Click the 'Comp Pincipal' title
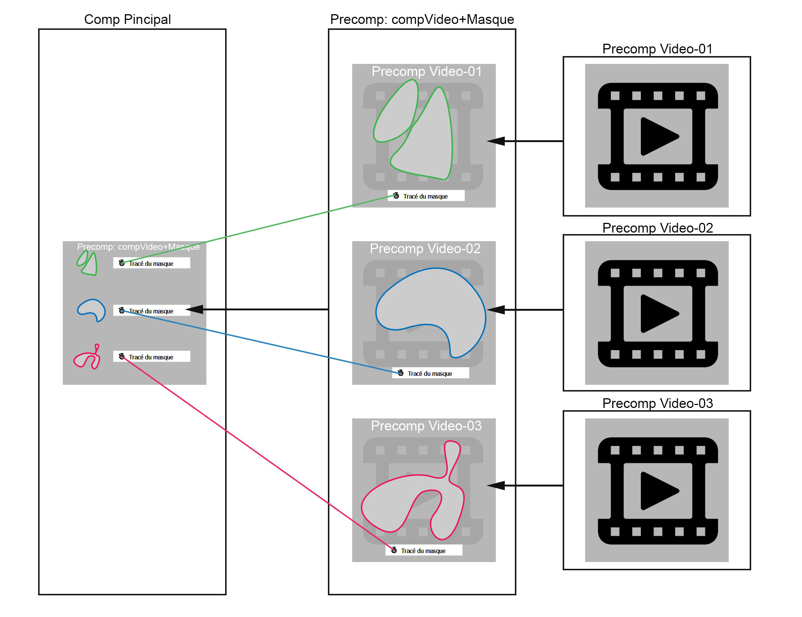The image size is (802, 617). coord(127,19)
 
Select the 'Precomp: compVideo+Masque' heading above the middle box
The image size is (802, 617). coord(422,19)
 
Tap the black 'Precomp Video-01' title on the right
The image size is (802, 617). coord(657,49)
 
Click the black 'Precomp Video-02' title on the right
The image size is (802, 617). coord(657,228)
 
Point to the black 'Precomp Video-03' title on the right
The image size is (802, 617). coord(657,403)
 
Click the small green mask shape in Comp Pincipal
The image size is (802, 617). coord(88,264)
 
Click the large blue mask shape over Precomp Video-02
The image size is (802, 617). coord(430,303)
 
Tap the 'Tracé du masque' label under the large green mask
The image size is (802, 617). coord(425,196)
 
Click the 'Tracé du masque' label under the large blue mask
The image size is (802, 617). coord(430,374)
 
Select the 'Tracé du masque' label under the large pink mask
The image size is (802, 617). coord(423,551)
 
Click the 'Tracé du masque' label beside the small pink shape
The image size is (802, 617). coord(151,357)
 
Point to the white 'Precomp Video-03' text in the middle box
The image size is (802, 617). coord(426,426)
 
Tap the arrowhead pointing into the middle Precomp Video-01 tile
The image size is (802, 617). coord(496,141)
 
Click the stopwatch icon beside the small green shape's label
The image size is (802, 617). coord(122,263)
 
